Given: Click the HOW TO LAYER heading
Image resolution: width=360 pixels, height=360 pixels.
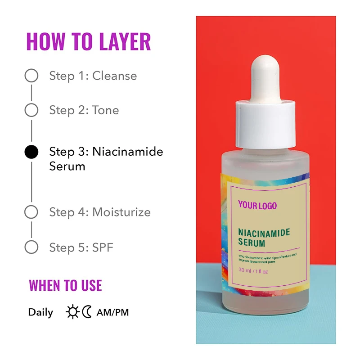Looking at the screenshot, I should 88,41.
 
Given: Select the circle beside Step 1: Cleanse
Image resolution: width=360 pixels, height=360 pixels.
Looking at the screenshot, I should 31,76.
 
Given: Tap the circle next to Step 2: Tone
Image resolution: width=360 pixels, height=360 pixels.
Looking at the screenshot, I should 31,110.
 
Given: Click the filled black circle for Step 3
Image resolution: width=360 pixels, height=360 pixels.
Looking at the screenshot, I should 31,152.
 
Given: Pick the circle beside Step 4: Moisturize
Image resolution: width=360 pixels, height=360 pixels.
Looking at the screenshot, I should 31,212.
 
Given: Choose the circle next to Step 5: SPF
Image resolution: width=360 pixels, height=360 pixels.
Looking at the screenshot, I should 31,247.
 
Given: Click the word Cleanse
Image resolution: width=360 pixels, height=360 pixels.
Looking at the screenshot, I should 114,76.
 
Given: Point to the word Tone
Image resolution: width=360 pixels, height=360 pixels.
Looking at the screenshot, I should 105,110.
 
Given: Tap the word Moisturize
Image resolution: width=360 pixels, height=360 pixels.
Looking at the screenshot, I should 121,212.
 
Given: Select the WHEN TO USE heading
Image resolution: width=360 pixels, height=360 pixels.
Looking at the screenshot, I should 65,285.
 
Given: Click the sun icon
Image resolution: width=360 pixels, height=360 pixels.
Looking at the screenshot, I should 72,312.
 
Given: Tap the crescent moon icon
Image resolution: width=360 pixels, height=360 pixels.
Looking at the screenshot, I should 86,312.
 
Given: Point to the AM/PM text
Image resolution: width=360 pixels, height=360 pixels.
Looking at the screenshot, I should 112,312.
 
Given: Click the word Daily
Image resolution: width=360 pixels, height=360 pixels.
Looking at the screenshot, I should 40,312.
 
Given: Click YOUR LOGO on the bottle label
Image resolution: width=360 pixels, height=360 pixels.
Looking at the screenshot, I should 257,206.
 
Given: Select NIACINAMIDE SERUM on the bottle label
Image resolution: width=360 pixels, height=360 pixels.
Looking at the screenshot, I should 264,237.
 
